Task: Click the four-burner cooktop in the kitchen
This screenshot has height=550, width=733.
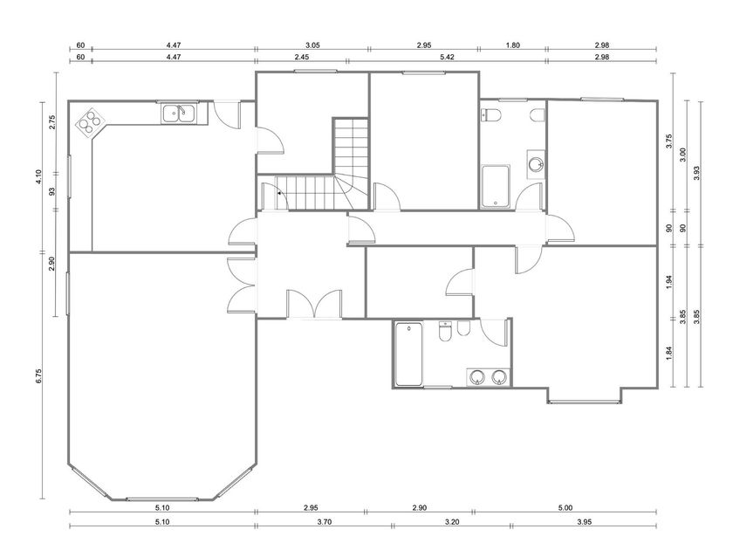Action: coord(89,121)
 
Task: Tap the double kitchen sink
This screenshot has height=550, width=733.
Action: coord(178,113)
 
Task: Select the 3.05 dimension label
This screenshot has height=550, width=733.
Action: coord(312,45)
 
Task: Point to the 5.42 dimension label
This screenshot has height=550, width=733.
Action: coord(447,57)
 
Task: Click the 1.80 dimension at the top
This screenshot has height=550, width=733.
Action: coord(513,45)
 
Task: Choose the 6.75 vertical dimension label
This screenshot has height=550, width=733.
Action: coord(38,376)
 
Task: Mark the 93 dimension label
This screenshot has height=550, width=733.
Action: coord(51,191)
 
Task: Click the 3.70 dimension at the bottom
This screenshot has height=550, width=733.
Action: coord(324,522)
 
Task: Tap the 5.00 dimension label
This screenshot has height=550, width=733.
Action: coord(565,508)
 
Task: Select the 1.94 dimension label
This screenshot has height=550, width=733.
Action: coord(669,281)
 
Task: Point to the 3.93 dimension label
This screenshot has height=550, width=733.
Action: coord(696,173)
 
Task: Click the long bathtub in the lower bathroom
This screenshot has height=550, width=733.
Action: coord(409,354)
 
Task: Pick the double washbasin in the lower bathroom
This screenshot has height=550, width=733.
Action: coord(489,377)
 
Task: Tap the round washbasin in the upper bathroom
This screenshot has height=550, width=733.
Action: coord(536,164)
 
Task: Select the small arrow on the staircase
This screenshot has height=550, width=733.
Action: coord(279,193)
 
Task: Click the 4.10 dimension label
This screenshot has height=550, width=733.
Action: coord(38,176)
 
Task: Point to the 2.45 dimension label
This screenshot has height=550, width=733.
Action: coord(302,57)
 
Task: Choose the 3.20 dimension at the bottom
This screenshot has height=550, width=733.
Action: coord(452,522)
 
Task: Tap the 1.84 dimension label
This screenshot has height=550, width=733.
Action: coord(669,353)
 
